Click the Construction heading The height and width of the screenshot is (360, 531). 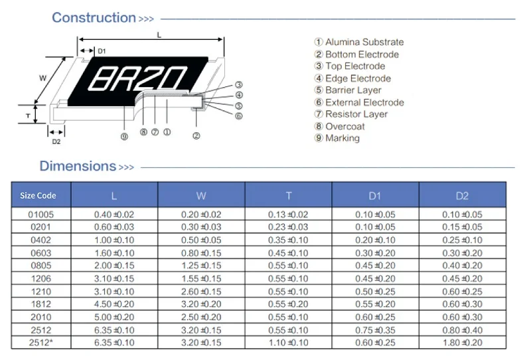click(94, 18)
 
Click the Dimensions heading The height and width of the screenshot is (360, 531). click(78, 166)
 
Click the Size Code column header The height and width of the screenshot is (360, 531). click(38, 195)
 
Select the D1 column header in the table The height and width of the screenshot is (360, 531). click(375, 195)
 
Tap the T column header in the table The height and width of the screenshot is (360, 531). click(289, 195)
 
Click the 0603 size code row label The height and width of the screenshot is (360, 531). click(40, 252)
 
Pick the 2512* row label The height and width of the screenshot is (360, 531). click(40, 342)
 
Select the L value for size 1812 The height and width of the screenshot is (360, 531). click(114, 304)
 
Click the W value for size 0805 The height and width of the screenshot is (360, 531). click(201, 266)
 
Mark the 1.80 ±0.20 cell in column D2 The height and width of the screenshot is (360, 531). click(462, 342)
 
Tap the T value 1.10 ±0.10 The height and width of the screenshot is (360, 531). click(288, 342)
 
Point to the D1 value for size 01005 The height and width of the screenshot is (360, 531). click(375, 215)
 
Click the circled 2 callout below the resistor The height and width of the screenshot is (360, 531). click(196, 136)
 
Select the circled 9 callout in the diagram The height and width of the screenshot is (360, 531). click(123, 137)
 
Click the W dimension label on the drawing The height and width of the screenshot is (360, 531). click(43, 78)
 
